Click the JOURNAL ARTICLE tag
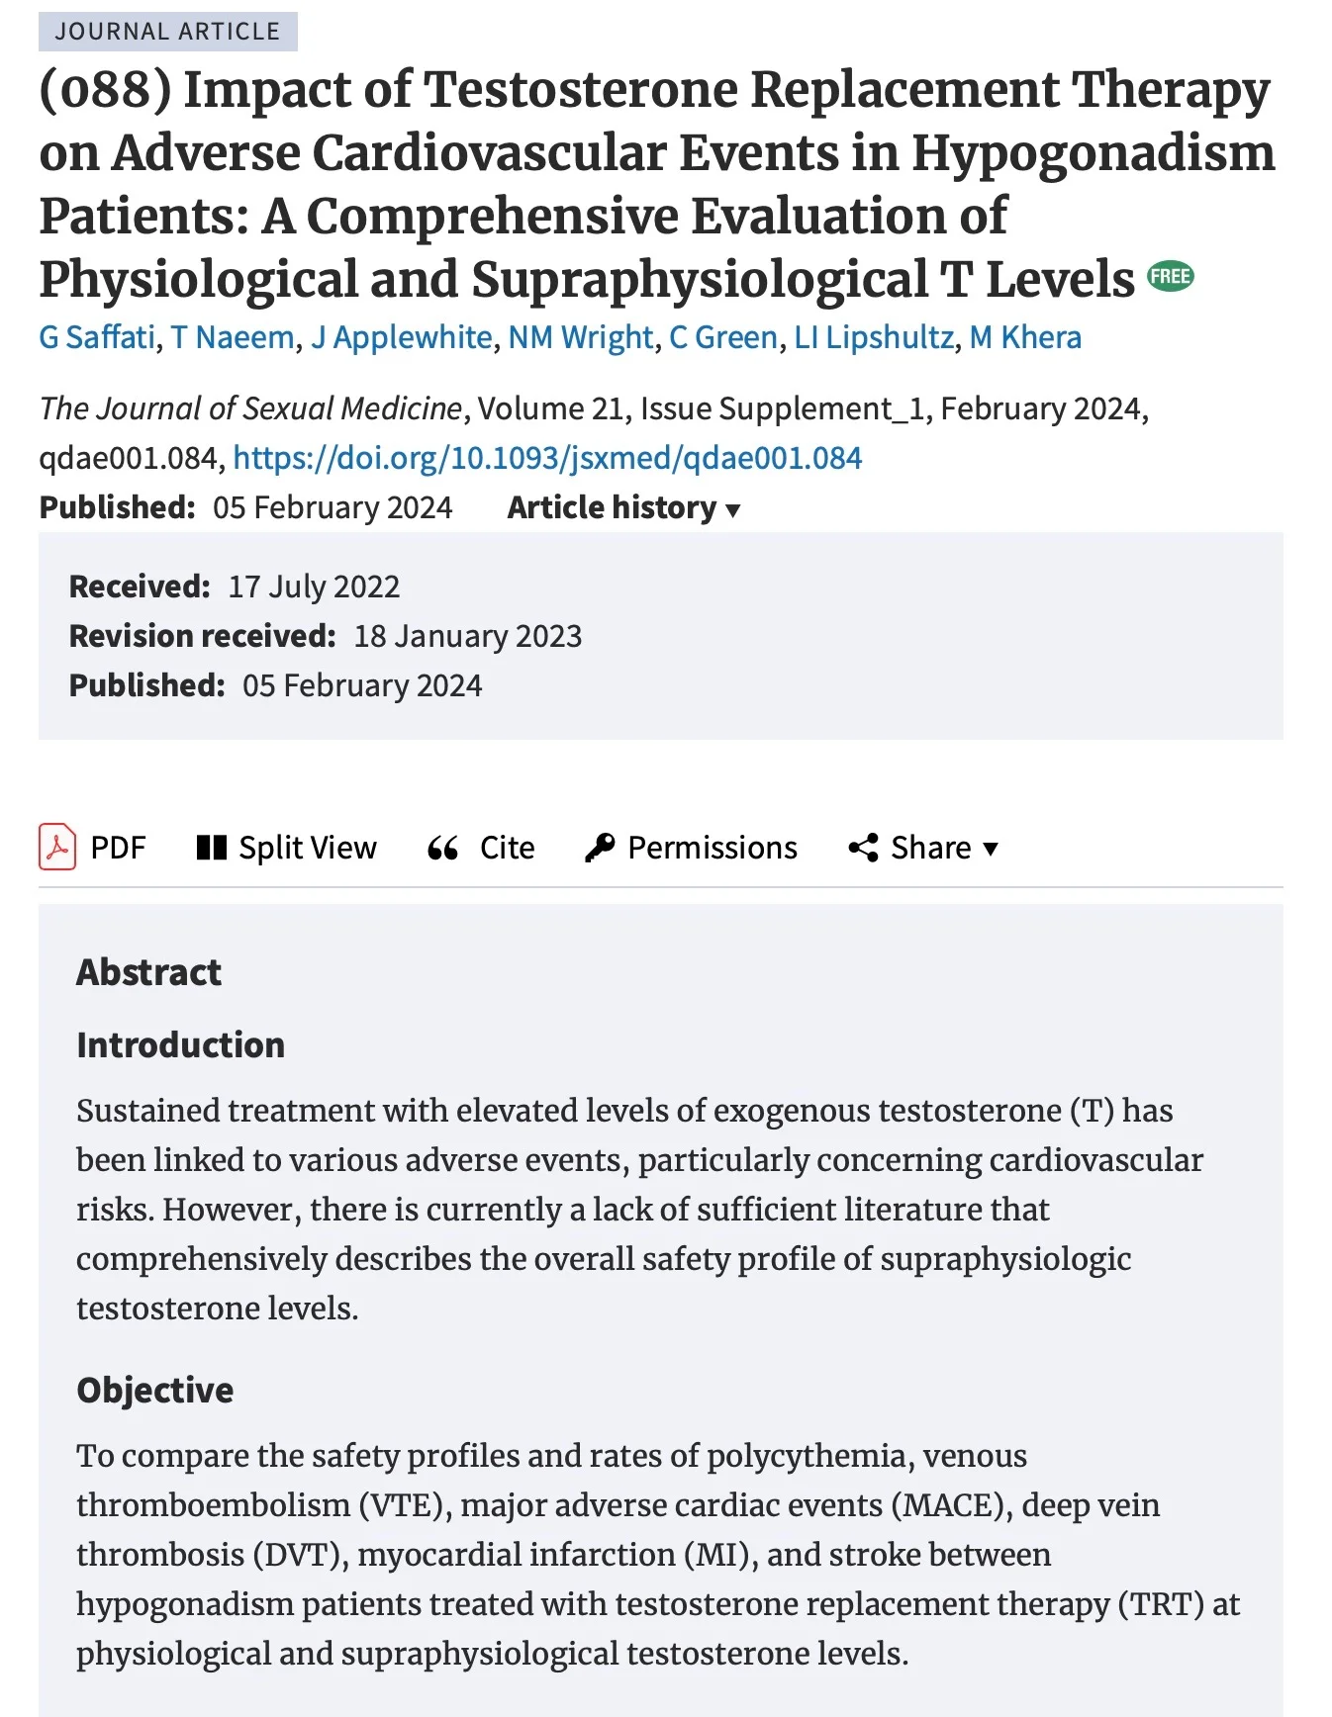(x=167, y=32)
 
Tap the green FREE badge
(x=1170, y=277)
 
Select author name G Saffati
(x=97, y=337)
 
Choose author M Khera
(x=1025, y=337)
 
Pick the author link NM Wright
(x=581, y=337)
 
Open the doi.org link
(x=547, y=458)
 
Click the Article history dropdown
(x=623, y=507)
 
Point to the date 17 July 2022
(x=314, y=587)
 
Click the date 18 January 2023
(x=467, y=636)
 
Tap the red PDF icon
(x=57, y=847)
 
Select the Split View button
(x=287, y=848)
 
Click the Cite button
(x=482, y=848)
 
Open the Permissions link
(x=692, y=848)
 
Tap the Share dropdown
(x=924, y=848)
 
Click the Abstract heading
(x=148, y=972)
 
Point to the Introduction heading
(x=180, y=1045)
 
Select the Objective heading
(x=155, y=1391)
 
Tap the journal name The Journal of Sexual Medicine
(x=250, y=408)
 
